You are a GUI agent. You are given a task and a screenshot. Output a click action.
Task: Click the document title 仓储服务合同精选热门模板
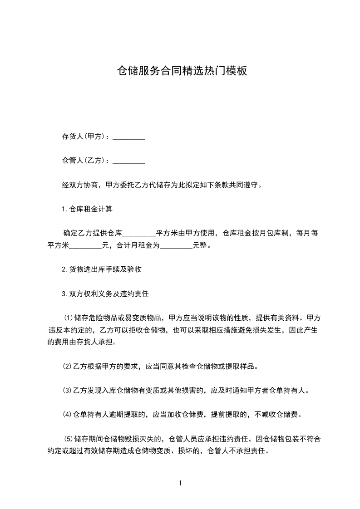[x=182, y=71]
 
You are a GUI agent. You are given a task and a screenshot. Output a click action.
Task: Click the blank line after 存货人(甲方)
[x=128, y=137]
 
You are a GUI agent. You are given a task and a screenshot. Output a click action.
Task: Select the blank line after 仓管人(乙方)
[x=128, y=161]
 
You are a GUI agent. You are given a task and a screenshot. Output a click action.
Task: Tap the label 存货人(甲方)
[x=83, y=137]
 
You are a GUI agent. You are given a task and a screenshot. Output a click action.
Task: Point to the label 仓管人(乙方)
[x=83, y=160]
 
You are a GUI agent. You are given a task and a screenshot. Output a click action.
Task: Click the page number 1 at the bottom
[x=180, y=483]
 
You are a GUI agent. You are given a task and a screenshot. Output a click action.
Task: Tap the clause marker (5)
[x=68, y=439]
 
